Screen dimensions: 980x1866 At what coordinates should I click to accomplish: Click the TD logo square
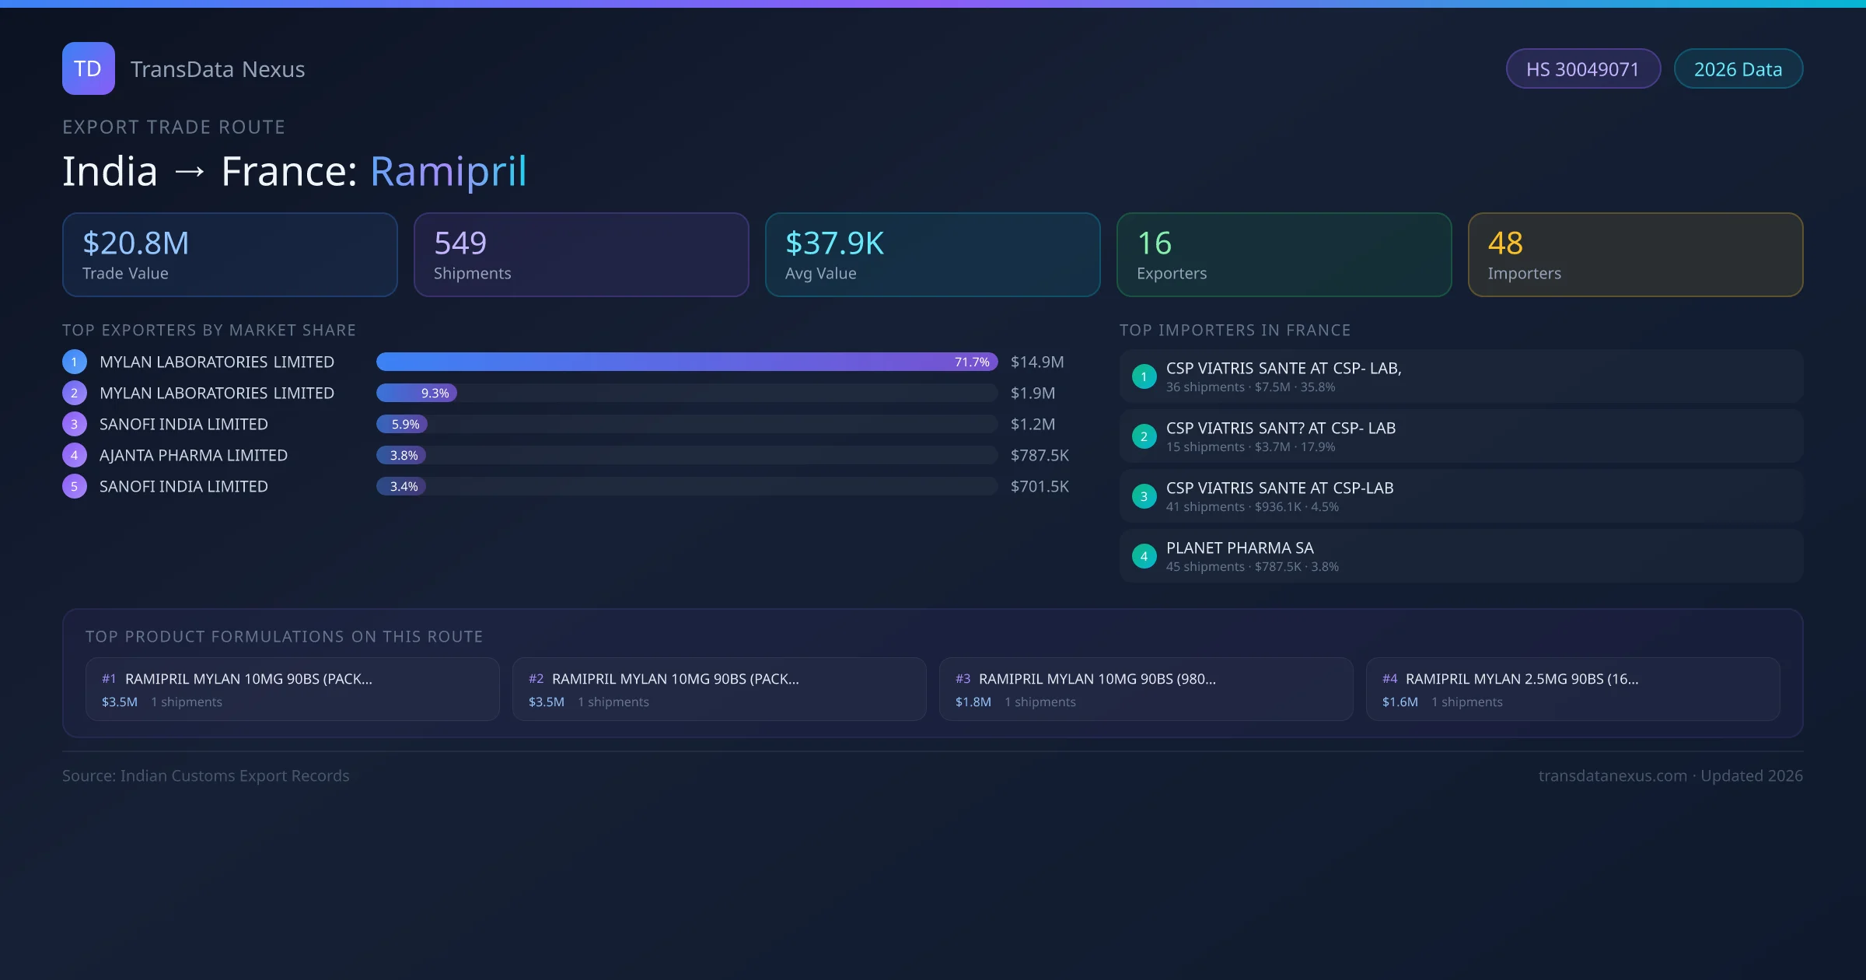88,68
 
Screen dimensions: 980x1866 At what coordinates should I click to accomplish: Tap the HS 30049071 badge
1582,69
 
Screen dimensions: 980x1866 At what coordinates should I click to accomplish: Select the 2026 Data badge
1738,69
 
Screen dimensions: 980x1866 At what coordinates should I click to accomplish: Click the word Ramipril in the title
449,171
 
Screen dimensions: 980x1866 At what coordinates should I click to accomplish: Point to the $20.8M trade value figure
136,243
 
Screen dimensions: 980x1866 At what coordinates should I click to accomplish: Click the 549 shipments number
460,243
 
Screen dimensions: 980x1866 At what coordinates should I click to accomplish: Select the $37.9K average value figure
834,243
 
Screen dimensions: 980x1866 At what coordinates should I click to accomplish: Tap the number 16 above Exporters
1154,243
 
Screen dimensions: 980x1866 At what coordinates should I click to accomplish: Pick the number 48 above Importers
1505,243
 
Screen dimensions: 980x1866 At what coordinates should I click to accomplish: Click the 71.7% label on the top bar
972,362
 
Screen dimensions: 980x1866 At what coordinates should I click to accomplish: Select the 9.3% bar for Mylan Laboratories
417,393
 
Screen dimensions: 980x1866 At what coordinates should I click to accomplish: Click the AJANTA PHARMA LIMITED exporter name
194,455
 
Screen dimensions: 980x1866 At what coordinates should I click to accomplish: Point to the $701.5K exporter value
1040,486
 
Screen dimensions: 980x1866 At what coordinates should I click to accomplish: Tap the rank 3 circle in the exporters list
75,424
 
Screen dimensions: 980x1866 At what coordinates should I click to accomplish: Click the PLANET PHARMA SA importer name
1239,548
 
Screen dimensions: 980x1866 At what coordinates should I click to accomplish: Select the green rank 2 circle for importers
1144,436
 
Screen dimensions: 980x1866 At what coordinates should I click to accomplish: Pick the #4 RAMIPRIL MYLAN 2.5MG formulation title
1522,678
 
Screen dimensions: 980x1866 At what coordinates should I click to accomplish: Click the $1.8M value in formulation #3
973,702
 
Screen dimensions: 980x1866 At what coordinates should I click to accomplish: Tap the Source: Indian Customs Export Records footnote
206,775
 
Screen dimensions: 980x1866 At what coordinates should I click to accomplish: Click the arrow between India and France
190,171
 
